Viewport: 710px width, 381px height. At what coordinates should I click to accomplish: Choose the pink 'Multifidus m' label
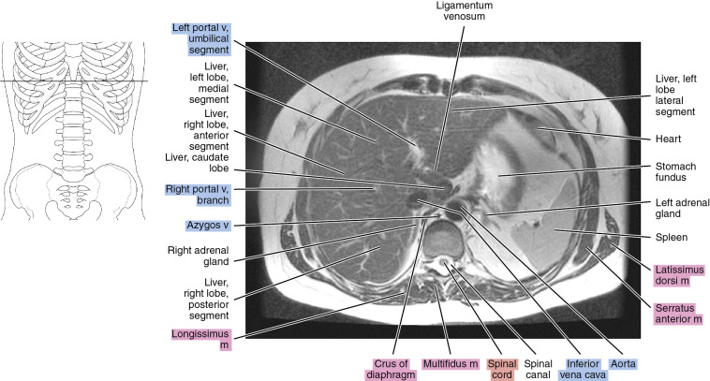click(449, 360)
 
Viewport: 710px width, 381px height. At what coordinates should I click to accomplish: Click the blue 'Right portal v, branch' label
click(200, 195)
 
